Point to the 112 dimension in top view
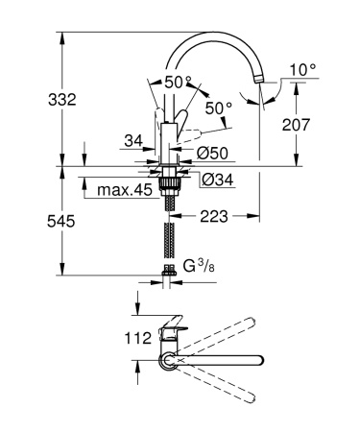pos(140,338)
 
